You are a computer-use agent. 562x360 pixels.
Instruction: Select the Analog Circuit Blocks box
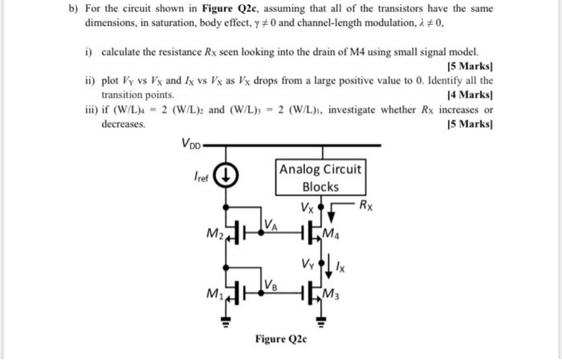click(x=320, y=178)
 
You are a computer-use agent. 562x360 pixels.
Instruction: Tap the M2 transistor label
click(x=213, y=234)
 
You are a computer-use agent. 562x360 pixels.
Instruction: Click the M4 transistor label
click(x=331, y=234)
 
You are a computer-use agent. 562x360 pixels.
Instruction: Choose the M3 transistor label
click(x=331, y=295)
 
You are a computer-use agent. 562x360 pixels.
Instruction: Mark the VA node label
click(x=271, y=223)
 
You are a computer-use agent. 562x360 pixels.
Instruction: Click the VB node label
click(x=271, y=283)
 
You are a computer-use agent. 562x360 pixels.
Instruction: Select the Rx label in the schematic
click(x=366, y=205)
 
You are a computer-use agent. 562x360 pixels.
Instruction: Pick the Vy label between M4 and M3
click(x=307, y=262)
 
